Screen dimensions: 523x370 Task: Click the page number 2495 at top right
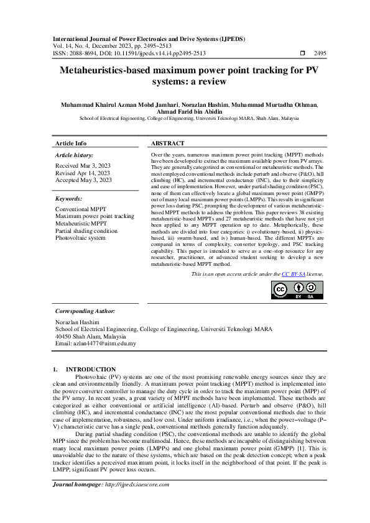tap(320, 53)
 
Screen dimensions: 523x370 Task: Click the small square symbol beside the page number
tap(302, 53)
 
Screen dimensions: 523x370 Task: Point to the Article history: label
tap(75, 155)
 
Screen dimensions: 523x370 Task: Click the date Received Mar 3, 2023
tap(83, 166)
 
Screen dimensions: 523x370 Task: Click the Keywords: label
tap(68, 199)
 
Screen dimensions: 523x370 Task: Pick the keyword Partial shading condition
tap(86, 230)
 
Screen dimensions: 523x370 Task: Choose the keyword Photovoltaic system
tap(80, 237)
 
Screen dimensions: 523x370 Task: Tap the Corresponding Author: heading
tap(85, 310)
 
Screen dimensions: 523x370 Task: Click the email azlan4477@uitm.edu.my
tap(96, 343)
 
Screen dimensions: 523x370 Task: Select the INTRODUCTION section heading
tap(91, 370)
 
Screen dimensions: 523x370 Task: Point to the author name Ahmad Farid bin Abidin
tap(185, 111)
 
